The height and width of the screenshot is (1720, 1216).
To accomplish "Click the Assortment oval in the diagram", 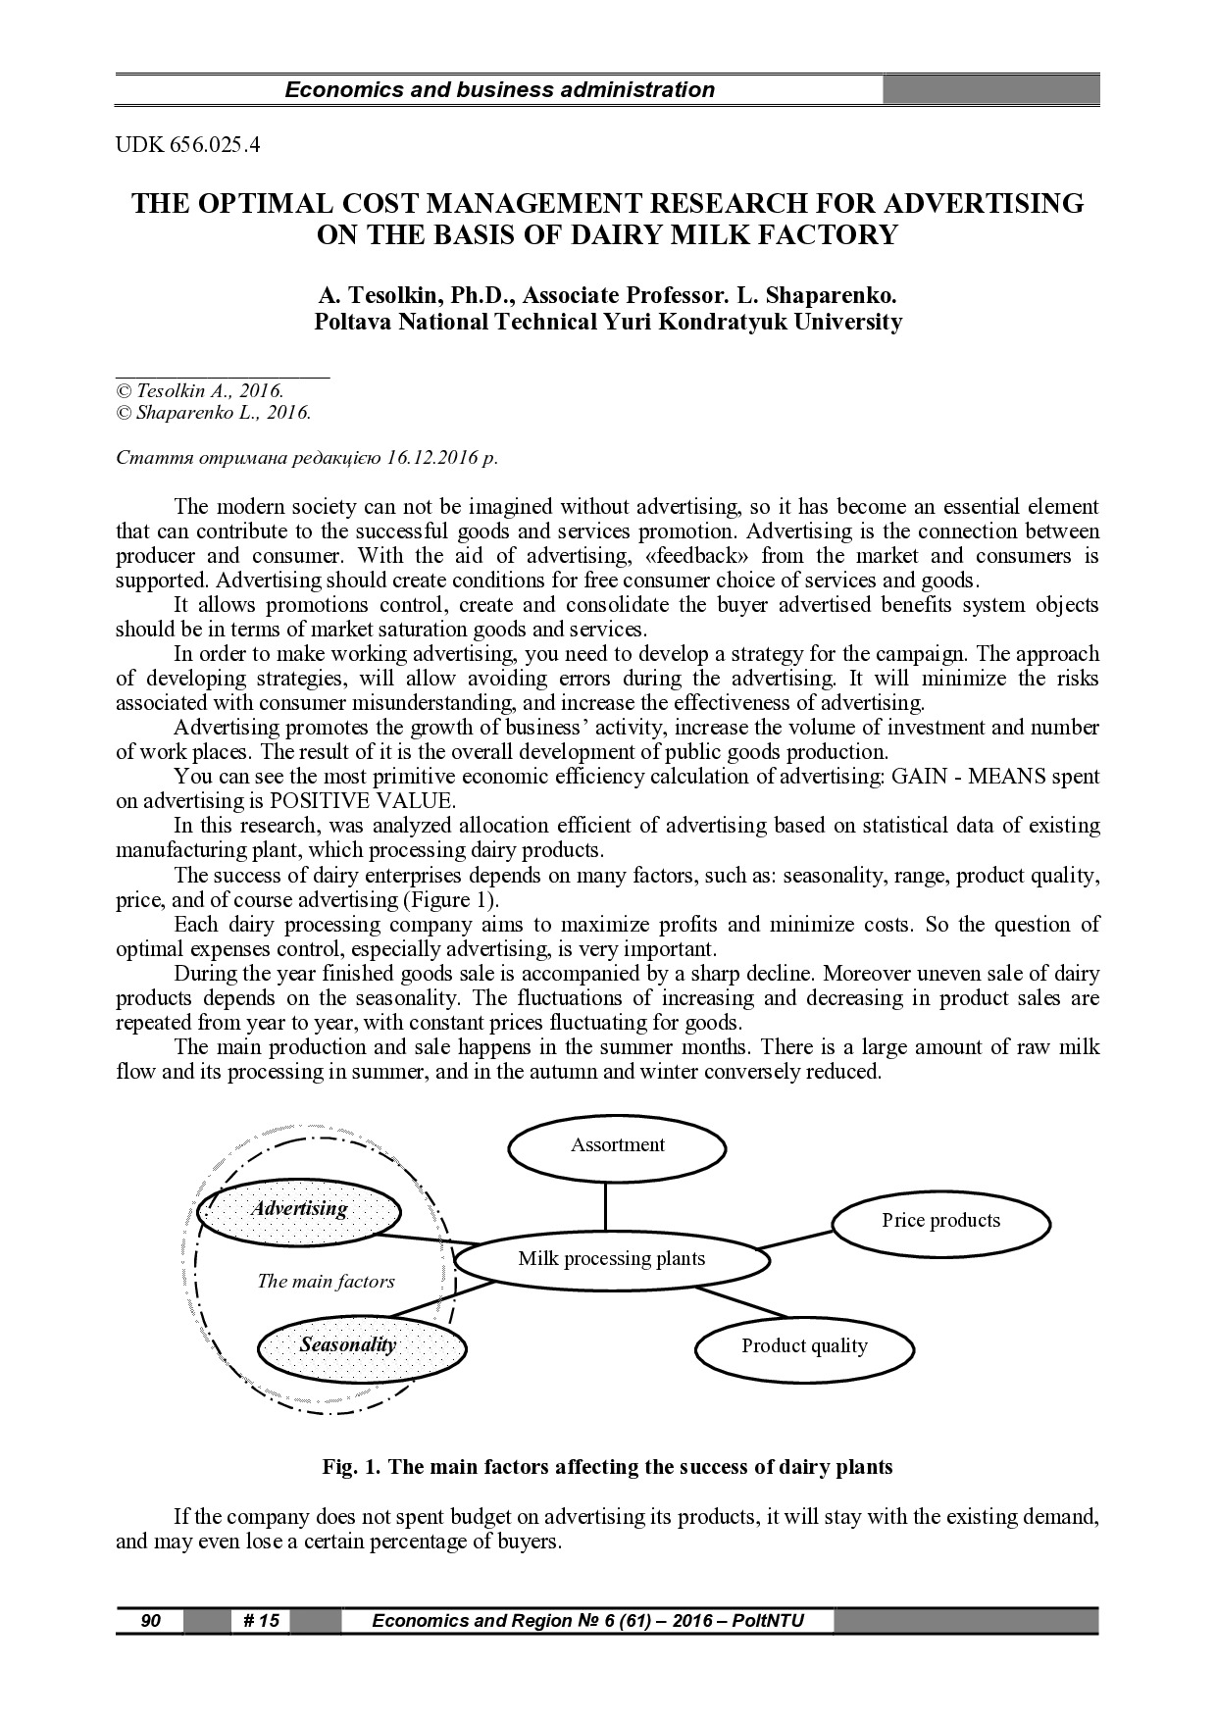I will pyautogui.click(x=617, y=1145).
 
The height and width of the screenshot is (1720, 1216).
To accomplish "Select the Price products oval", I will pyautogui.click(x=940, y=1221).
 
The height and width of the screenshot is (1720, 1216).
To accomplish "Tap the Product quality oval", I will pyautogui.click(x=804, y=1346).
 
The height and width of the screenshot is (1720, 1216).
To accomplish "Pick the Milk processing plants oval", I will pyautogui.click(x=611, y=1259).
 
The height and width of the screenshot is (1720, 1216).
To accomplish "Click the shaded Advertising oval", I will pyautogui.click(x=299, y=1209).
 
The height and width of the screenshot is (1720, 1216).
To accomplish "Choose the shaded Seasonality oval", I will pyautogui.click(x=349, y=1345).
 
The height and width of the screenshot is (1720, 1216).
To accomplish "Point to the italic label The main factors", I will pyautogui.click(x=326, y=1282).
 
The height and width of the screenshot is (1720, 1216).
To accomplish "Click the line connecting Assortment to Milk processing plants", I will pyautogui.click(x=605, y=1205).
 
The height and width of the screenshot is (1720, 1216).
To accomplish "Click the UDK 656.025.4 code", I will pyautogui.click(x=188, y=147).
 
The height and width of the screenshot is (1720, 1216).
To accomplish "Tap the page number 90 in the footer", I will pyautogui.click(x=150, y=1621).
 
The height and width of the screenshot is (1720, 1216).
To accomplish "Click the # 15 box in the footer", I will pyautogui.click(x=260, y=1621).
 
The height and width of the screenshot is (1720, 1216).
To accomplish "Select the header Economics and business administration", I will pyautogui.click(x=499, y=90).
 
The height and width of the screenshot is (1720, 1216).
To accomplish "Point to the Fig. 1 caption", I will pyautogui.click(x=607, y=1468).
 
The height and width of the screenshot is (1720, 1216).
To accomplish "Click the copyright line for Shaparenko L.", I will pyautogui.click(x=214, y=413).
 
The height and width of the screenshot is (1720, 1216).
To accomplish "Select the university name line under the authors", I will pyautogui.click(x=607, y=322).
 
